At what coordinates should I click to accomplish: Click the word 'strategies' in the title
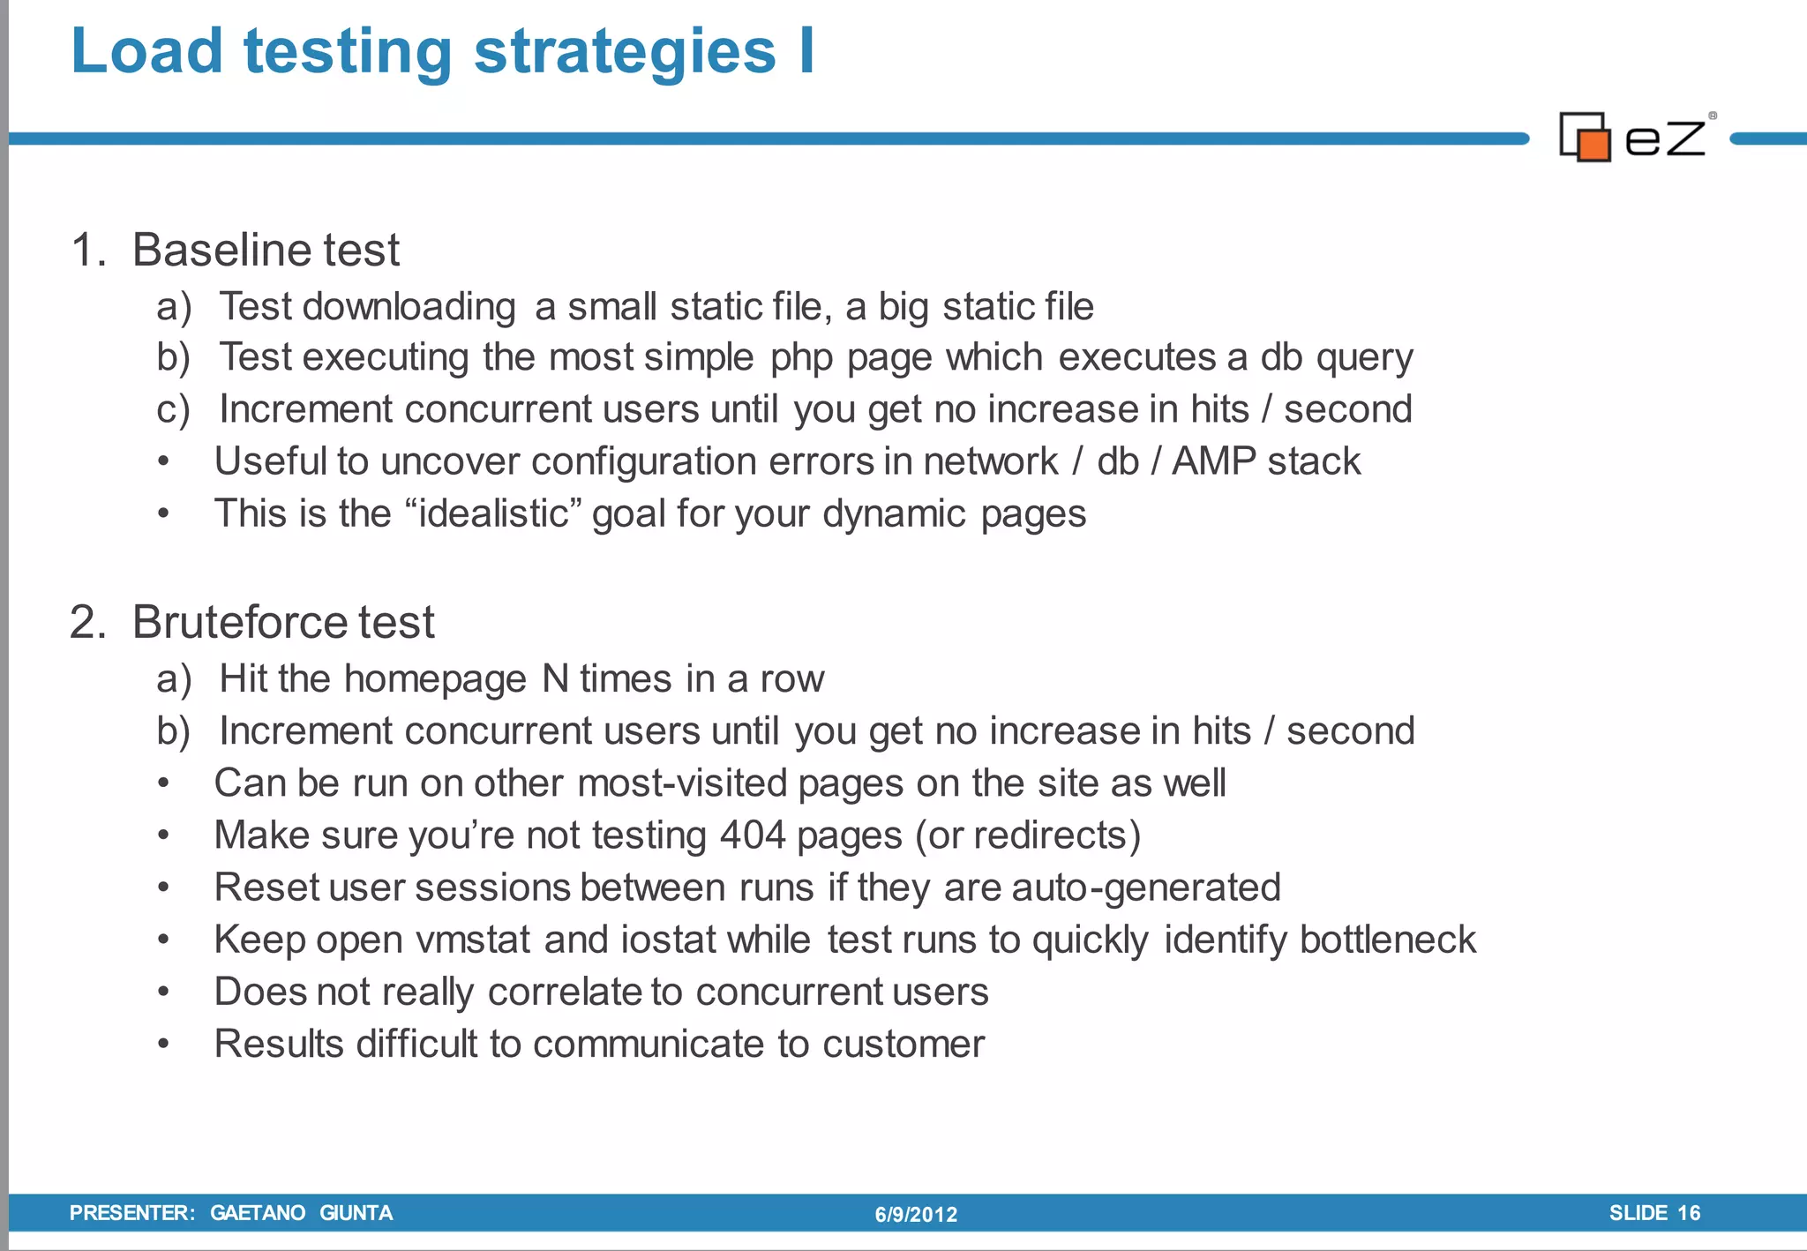(624, 53)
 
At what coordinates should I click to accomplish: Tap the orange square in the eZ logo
(1593, 145)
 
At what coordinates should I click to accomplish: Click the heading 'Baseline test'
(265, 251)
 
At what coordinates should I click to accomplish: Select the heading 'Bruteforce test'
(282, 623)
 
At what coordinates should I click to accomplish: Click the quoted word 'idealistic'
(494, 514)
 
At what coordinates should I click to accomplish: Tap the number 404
(752, 835)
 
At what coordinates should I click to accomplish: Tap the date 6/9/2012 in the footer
(916, 1215)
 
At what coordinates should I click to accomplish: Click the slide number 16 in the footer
(1688, 1213)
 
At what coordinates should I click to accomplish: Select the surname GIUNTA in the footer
(356, 1213)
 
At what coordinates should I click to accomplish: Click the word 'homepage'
(435, 679)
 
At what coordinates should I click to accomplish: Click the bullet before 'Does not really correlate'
(163, 993)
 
